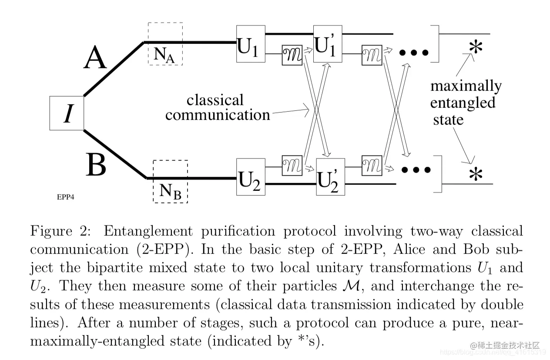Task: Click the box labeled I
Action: (x=67, y=113)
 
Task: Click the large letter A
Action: (x=95, y=58)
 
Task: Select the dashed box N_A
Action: (x=165, y=43)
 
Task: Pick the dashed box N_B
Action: (x=170, y=181)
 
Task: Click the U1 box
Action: (x=251, y=43)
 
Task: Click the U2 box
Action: (x=251, y=177)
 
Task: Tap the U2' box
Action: (x=330, y=177)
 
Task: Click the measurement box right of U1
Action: (x=292, y=55)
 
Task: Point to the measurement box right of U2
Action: (x=292, y=165)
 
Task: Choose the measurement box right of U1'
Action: (x=372, y=55)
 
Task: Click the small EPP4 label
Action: (x=66, y=197)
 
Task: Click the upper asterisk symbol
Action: (x=476, y=47)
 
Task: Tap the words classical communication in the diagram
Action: (x=217, y=107)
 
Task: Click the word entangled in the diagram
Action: (x=463, y=103)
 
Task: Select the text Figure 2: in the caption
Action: (x=61, y=231)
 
